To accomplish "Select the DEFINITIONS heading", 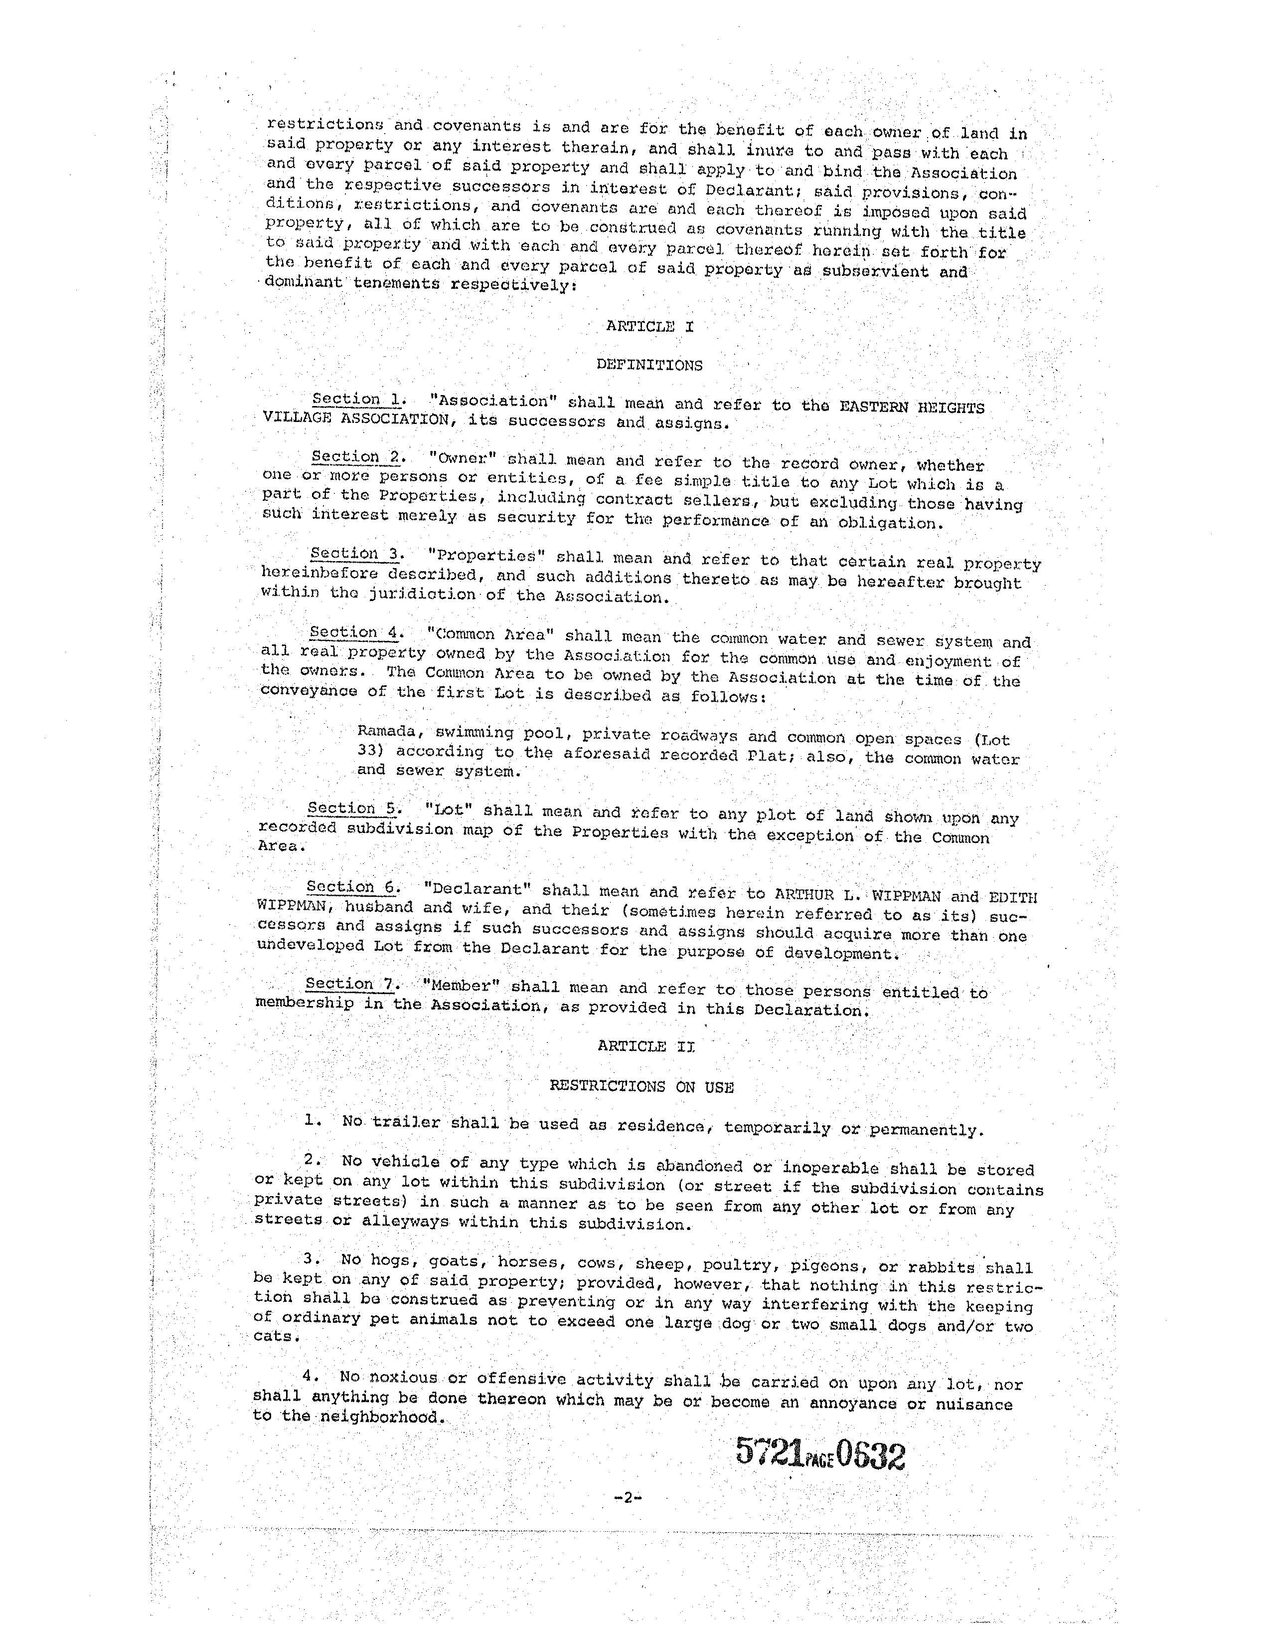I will point(649,365).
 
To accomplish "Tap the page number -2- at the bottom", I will point(626,1497).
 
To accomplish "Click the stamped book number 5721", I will point(768,1452).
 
